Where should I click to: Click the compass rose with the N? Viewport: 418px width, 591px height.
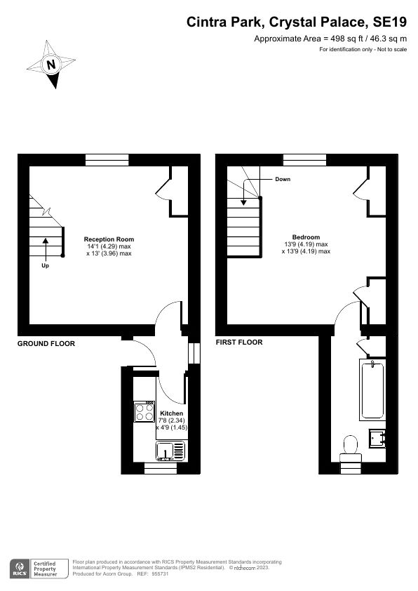[x=51, y=65]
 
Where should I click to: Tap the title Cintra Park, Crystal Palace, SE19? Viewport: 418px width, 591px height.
[x=295, y=22]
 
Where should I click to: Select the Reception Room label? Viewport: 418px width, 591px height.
[x=109, y=239]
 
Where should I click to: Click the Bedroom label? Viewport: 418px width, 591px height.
[x=306, y=237]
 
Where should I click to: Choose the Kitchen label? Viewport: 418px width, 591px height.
[x=172, y=413]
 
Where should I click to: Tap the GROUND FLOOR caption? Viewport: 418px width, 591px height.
[x=46, y=343]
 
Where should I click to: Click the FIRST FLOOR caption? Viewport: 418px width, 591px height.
[x=239, y=343]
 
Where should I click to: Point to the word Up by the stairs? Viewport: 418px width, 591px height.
[x=46, y=267]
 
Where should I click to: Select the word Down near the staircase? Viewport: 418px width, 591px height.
[x=283, y=179]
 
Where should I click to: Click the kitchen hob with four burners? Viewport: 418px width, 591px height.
[x=145, y=411]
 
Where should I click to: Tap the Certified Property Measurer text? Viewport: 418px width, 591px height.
[x=50, y=568]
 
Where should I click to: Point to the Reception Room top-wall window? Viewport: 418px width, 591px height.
[x=107, y=159]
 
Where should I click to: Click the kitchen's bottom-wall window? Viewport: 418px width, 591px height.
[x=156, y=468]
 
